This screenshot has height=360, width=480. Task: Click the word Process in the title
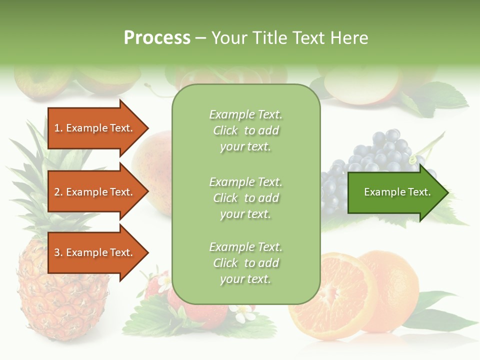[157, 38]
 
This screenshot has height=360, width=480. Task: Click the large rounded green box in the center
[245, 194]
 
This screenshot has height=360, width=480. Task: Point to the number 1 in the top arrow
[57, 128]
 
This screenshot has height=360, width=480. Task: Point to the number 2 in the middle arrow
[57, 192]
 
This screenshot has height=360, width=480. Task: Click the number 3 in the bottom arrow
[57, 252]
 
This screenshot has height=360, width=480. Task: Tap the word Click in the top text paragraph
[225, 130]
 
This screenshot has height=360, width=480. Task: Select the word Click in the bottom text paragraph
[225, 263]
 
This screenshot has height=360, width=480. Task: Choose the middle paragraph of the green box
[245, 197]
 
